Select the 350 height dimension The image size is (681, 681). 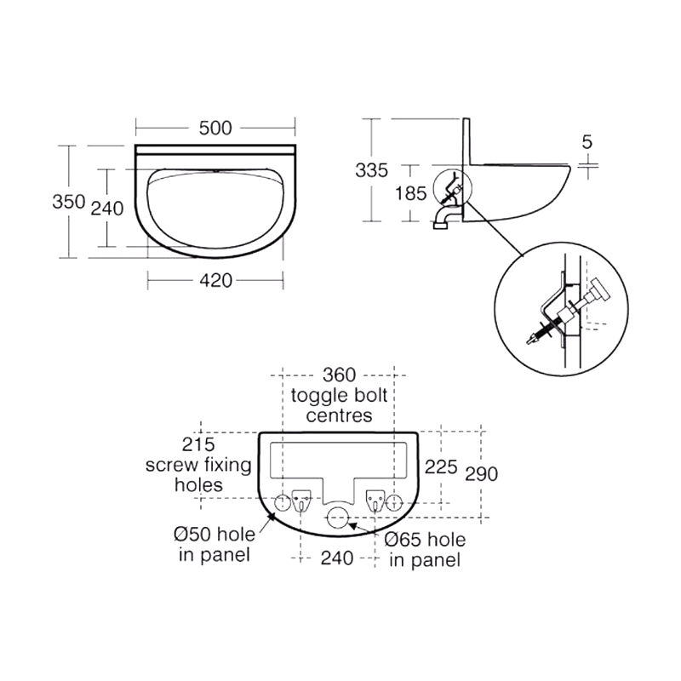[x=68, y=202]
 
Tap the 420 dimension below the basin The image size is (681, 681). [x=215, y=280]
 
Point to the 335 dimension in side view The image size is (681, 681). [x=372, y=170]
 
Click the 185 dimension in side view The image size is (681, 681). [x=411, y=193]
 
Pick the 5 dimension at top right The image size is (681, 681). [x=587, y=142]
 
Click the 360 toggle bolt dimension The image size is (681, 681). [x=339, y=375]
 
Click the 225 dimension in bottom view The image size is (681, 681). [x=442, y=466]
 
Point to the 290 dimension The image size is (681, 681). [x=481, y=473]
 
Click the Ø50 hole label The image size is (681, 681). [x=212, y=535]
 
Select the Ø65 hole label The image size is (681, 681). [x=424, y=540]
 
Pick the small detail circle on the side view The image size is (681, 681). [x=451, y=189]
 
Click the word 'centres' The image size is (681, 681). [x=339, y=416]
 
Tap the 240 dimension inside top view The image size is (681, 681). [x=107, y=208]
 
